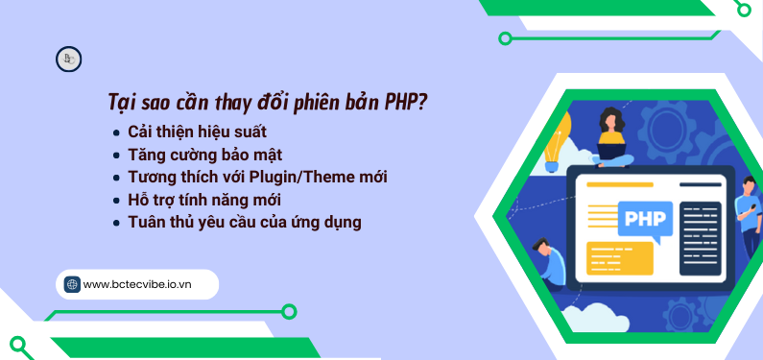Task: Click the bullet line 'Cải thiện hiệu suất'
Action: pos(197,131)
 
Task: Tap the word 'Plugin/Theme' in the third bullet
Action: pos(306,177)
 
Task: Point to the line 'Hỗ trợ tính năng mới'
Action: pos(204,200)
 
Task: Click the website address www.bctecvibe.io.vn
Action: pos(137,284)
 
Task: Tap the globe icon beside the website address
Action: pos(72,284)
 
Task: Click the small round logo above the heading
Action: pos(68,60)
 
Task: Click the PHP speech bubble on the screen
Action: pos(640,217)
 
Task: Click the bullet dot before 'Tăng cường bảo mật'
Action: pos(116,155)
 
